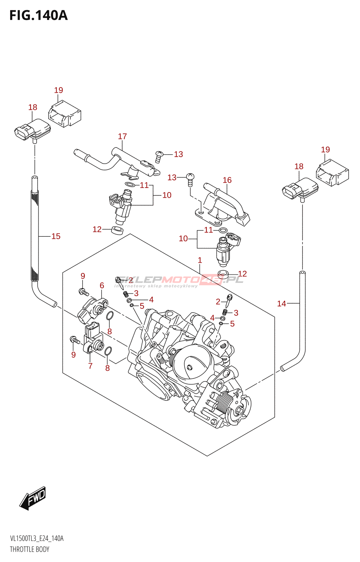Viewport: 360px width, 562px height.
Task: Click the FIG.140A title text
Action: click(38, 15)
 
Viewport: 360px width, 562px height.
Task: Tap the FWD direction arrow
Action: click(33, 498)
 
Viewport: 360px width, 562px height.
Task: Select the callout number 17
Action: click(122, 136)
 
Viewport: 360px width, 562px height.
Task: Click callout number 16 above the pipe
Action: click(227, 180)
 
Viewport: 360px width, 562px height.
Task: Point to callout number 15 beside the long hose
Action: click(56, 236)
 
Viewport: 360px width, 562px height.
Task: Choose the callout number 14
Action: click(282, 303)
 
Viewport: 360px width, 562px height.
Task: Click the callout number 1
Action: click(200, 260)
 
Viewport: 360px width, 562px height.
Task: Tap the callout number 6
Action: click(102, 286)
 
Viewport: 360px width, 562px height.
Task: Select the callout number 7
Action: click(90, 366)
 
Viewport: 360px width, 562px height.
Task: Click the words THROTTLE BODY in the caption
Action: click(30, 549)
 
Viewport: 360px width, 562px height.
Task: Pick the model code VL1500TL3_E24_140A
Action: click(37, 538)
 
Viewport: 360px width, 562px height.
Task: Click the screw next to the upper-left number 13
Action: click(159, 156)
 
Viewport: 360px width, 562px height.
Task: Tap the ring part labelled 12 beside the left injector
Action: click(117, 230)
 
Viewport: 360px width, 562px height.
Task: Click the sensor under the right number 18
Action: click(300, 190)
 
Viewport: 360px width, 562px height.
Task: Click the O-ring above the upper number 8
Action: click(110, 316)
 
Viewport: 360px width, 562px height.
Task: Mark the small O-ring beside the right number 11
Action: click(223, 230)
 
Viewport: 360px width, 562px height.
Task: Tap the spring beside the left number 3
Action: click(125, 294)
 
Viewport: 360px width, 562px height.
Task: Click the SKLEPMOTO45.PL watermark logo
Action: click(179, 280)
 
